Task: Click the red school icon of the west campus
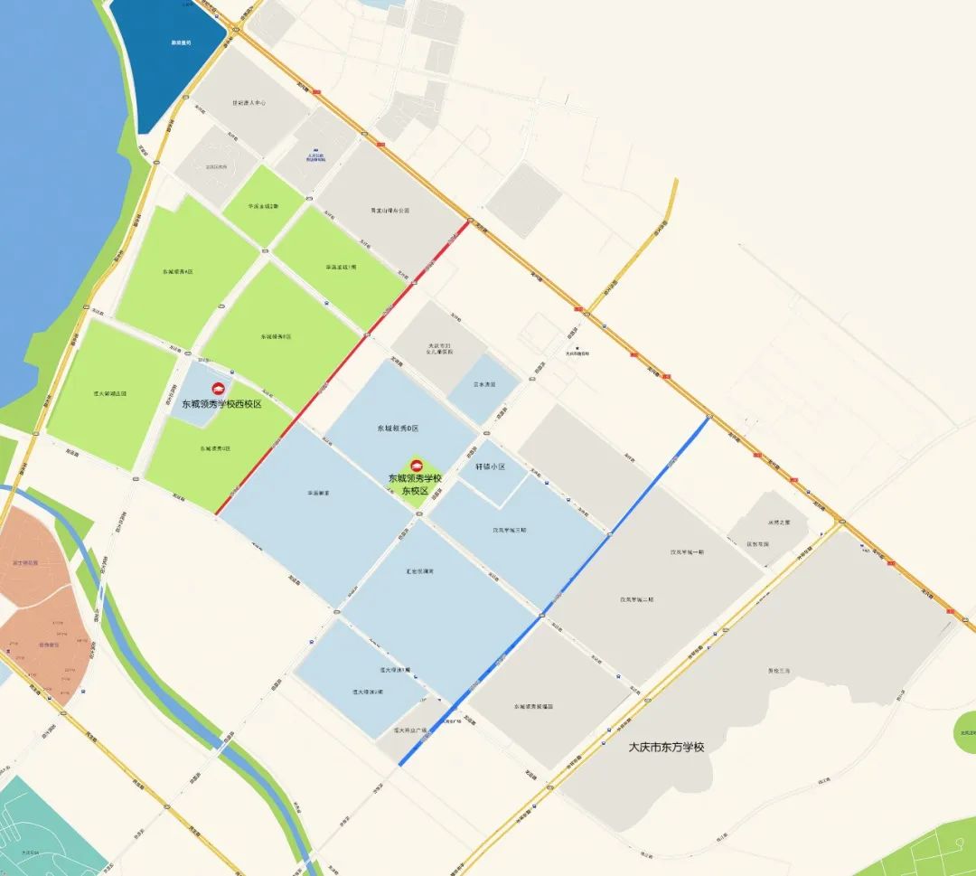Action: coord(217,389)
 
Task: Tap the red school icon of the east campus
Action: coord(416,466)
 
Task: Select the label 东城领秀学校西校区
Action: coord(221,404)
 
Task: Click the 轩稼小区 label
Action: coord(490,467)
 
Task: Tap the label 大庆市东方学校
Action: coord(666,748)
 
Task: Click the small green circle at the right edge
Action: coord(966,732)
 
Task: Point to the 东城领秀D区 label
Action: coord(399,428)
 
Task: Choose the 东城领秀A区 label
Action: coord(178,271)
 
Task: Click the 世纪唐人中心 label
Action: coord(249,103)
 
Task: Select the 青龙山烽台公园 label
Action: coord(389,210)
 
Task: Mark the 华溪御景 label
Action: coord(317,494)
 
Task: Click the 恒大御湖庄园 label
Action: coord(110,394)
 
